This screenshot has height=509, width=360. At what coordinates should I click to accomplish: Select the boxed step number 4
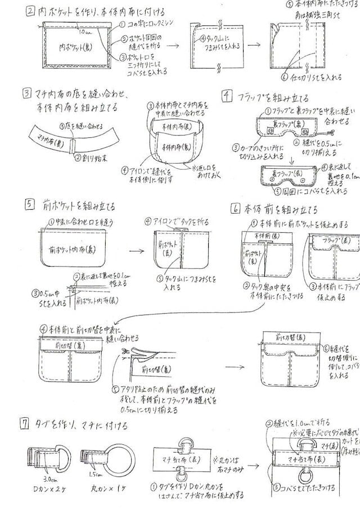coord(227,96)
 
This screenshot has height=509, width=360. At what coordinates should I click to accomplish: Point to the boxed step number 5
coord(29,205)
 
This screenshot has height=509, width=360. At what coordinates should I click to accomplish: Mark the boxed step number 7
coord(24,426)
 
